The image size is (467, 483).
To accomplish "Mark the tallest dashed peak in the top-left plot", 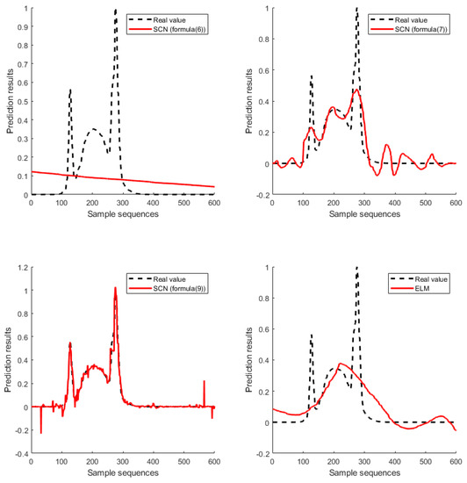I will pos(115,10).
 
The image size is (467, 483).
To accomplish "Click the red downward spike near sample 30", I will pos(40,432).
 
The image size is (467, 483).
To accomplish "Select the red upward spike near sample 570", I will pos(204,381).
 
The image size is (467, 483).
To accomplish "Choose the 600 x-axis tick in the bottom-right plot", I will pos(455,463).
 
